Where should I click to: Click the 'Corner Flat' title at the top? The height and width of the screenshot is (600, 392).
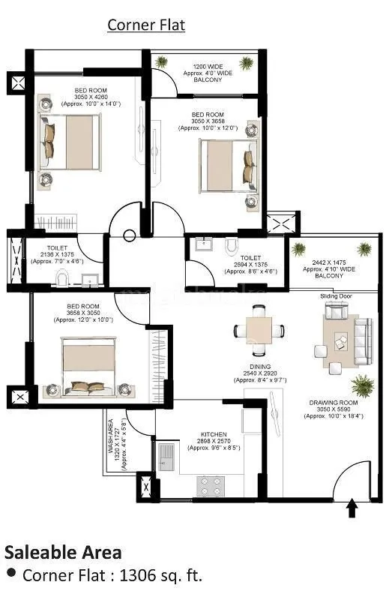click(x=146, y=25)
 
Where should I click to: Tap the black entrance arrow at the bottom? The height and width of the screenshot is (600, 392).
click(x=352, y=510)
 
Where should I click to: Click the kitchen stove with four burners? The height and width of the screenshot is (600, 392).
click(x=211, y=486)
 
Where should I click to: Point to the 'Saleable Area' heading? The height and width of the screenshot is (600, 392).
click(x=63, y=553)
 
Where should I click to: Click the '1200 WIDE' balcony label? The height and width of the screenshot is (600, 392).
click(x=208, y=67)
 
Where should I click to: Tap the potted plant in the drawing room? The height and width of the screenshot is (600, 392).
click(x=363, y=387)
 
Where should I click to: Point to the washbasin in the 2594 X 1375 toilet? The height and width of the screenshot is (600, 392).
click(x=203, y=246)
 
